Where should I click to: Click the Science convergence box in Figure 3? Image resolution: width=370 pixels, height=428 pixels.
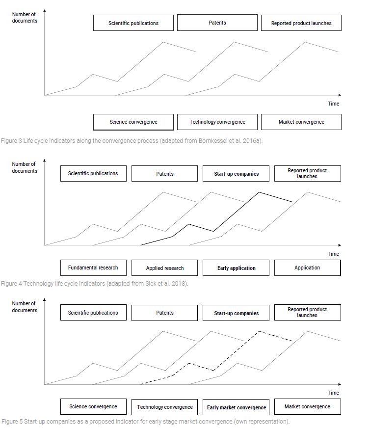[133, 122]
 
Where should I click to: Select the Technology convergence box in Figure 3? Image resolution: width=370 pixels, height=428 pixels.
[217, 122]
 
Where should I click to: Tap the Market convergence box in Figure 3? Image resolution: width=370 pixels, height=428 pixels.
[301, 122]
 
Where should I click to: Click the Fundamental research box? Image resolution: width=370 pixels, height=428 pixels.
[93, 268]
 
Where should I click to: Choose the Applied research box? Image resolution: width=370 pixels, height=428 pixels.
[164, 268]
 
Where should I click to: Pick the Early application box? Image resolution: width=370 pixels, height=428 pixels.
[236, 268]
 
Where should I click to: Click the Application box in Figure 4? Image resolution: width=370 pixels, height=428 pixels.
[308, 268]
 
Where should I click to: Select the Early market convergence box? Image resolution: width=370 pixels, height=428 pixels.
[236, 407]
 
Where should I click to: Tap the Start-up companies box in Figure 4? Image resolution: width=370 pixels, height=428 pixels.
[236, 174]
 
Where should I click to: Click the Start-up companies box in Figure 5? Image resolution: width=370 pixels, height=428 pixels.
[236, 313]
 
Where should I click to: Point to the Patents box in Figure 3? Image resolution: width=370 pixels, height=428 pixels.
[217, 23]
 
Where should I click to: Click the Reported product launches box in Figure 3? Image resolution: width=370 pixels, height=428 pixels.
[301, 23]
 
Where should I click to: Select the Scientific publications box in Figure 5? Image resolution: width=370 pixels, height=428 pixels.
[93, 313]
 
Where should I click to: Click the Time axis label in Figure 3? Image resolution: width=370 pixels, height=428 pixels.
[333, 104]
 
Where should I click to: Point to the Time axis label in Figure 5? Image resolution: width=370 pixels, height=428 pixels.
[333, 393]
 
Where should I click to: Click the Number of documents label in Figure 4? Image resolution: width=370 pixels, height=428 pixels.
[24, 167]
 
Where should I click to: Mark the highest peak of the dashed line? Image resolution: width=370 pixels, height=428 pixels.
[259, 331]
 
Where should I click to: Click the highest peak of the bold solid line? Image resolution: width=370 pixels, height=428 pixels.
[259, 192]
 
